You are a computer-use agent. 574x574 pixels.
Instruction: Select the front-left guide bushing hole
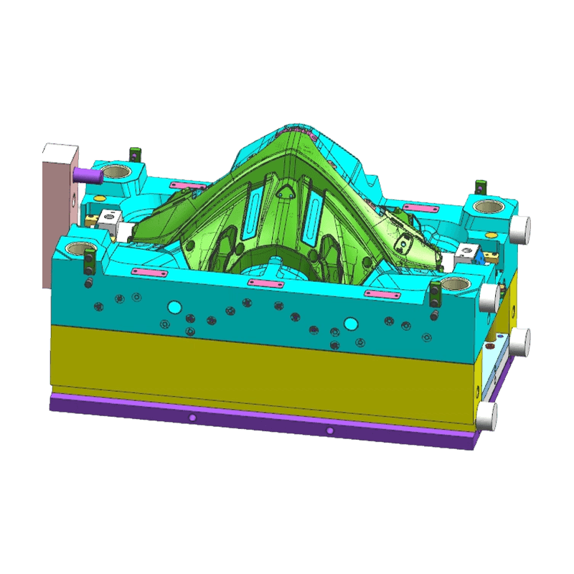[77, 249]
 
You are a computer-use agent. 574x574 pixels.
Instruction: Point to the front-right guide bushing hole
[455, 283]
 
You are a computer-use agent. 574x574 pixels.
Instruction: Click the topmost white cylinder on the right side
[520, 227]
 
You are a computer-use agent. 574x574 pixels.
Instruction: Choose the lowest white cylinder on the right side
[487, 415]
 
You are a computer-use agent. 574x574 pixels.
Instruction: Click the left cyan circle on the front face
[173, 308]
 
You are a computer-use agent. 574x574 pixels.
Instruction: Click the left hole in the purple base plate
[192, 418]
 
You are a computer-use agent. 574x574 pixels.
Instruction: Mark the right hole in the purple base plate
[330, 430]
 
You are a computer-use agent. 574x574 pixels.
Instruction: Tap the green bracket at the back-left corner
[133, 154]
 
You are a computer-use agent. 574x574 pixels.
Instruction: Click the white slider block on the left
[110, 219]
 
